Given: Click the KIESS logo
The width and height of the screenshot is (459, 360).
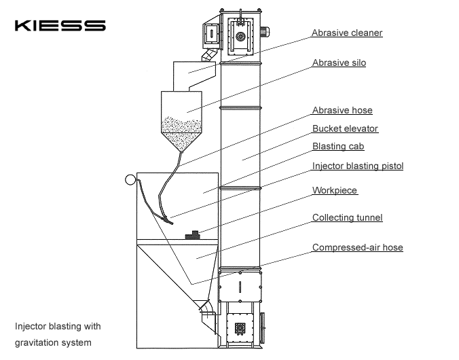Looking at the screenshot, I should pyautogui.click(x=60, y=26).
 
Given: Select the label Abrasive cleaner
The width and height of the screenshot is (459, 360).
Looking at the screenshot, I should pyautogui.click(x=347, y=33).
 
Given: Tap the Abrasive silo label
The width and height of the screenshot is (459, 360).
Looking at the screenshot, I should pyautogui.click(x=339, y=63).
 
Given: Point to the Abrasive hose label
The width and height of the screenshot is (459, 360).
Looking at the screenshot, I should pyautogui.click(x=342, y=110).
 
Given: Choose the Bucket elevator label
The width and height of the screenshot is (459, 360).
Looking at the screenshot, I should pyautogui.click(x=345, y=128).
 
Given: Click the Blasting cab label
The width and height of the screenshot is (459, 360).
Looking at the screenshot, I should pyautogui.click(x=337, y=146).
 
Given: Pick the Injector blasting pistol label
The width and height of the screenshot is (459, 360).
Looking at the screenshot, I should pyautogui.click(x=358, y=166).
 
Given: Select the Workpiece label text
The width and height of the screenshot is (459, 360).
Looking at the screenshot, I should pyautogui.click(x=334, y=191).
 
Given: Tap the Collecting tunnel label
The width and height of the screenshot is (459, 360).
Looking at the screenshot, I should pyautogui.click(x=347, y=218).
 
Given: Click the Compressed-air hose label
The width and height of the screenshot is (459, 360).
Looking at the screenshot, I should pyautogui.click(x=357, y=248).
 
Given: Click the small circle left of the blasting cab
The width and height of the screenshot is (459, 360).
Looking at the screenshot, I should pyautogui.click(x=130, y=180).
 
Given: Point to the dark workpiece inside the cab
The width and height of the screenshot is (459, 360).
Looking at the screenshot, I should pyautogui.click(x=194, y=234).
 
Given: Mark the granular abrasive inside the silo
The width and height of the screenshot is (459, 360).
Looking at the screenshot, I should pyautogui.click(x=180, y=130).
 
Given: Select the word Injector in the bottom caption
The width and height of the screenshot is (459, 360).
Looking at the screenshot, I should pyautogui.click(x=30, y=326).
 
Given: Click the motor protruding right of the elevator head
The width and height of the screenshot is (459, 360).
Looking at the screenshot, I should pyautogui.click(x=270, y=31).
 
